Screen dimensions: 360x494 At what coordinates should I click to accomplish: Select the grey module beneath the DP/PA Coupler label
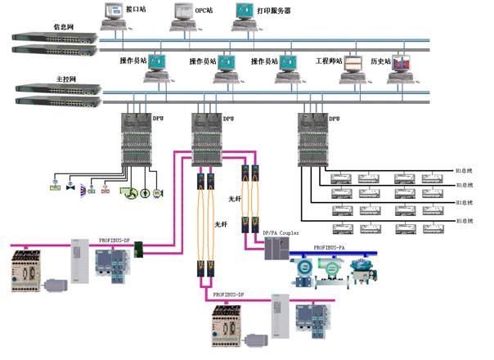click(272, 249)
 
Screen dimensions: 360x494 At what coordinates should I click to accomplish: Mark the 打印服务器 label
click(275, 11)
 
